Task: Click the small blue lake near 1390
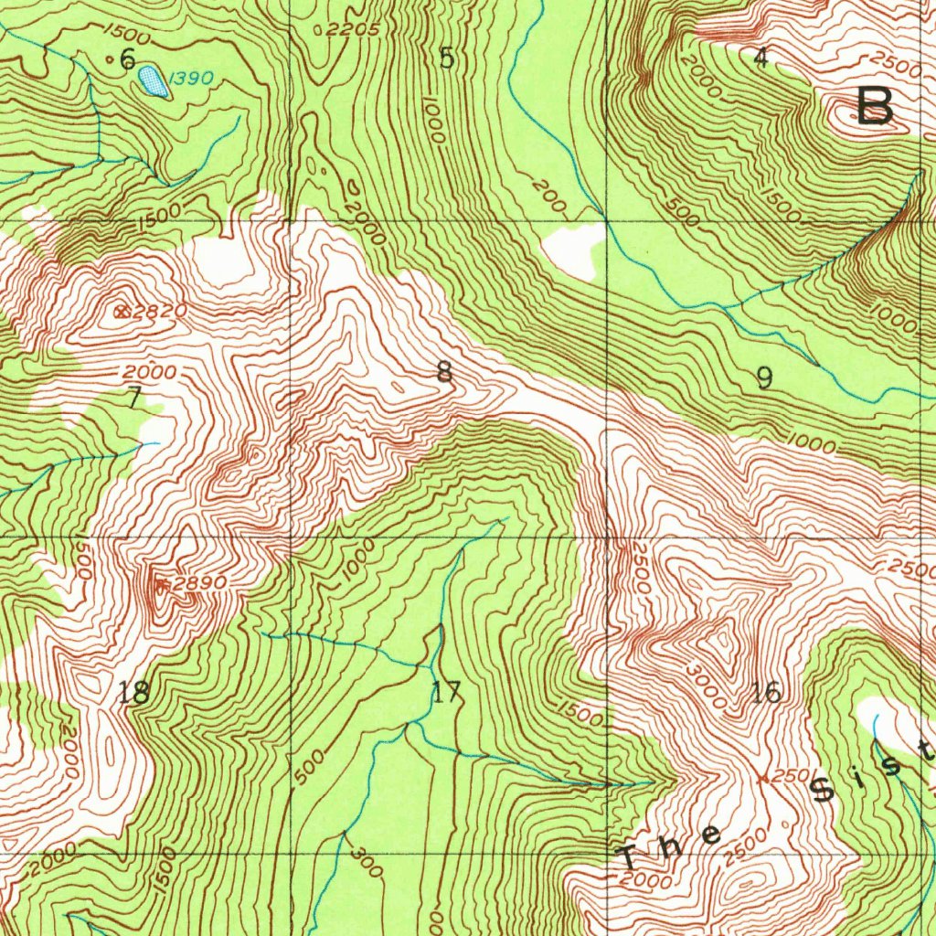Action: coord(153,82)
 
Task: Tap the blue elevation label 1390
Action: coord(192,80)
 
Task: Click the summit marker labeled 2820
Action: coord(122,312)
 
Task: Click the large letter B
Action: coord(875,106)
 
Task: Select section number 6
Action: coord(127,60)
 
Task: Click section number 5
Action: coord(446,58)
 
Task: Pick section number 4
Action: coord(760,58)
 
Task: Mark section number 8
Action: coord(444,371)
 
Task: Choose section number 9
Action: coord(764,377)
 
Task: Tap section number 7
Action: coord(133,398)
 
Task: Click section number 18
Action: coord(134,693)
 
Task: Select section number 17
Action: coord(447,693)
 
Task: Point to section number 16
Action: coord(766,693)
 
